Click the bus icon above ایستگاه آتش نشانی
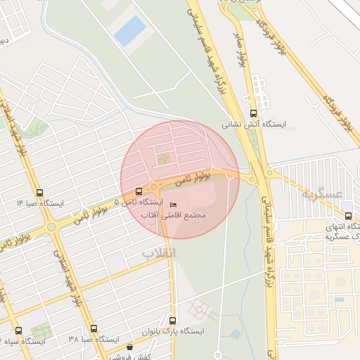click(x=253, y=112)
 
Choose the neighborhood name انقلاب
click(x=158, y=252)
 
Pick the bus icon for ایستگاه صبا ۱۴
click(x=39, y=192)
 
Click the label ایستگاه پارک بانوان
click(x=174, y=330)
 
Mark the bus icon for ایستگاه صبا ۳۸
click(x=94, y=328)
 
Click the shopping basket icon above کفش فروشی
click(x=129, y=347)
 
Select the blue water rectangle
click(x=130, y=32)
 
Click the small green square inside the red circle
click(x=164, y=158)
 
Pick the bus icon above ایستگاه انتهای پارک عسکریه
click(x=348, y=215)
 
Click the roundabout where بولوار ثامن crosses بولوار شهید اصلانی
click(x=51, y=226)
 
